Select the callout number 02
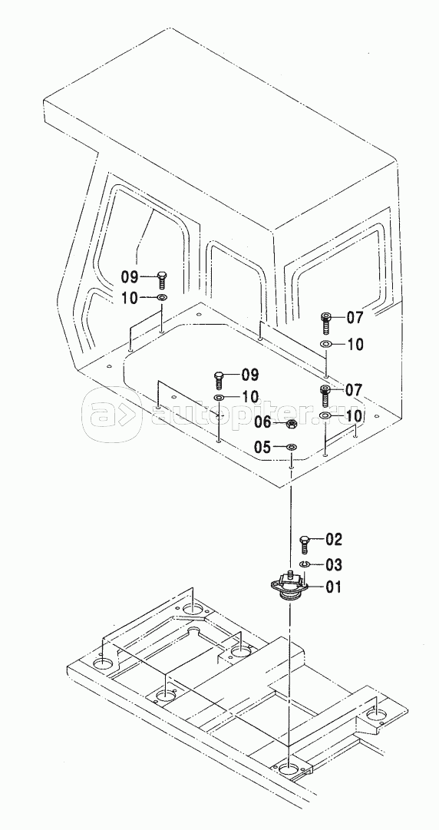pyautogui.click(x=334, y=540)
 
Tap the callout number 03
pyautogui.click(x=334, y=565)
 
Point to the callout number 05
pyautogui.click(x=263, y=448)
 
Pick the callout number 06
pyautogui.click(x=263, y=422)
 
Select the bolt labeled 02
pyautogui.click(x=305, y=544)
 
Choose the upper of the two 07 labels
pyautogui.click(x=355, y=318)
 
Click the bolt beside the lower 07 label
pyautogui.click(x=325, y=396)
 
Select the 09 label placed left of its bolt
pyautogui.click(x=130, y=277)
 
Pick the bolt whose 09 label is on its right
pyautogui.click(x=219, y=380)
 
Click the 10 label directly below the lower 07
pyautogui.click(x=355, y=416)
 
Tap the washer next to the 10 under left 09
pyautogui.click(x=162, y=298)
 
